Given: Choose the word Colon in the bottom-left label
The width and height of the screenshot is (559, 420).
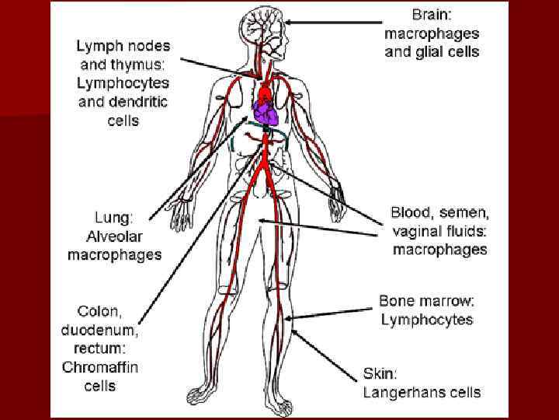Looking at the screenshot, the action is [93, 311].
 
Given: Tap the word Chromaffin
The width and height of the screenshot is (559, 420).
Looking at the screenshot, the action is [100, 367].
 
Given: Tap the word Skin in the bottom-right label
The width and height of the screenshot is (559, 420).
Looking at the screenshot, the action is [380, 373].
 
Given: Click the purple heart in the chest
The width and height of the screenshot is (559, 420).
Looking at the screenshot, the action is [266, 116].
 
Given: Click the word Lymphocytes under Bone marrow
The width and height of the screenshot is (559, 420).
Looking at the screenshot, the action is [426, 320].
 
